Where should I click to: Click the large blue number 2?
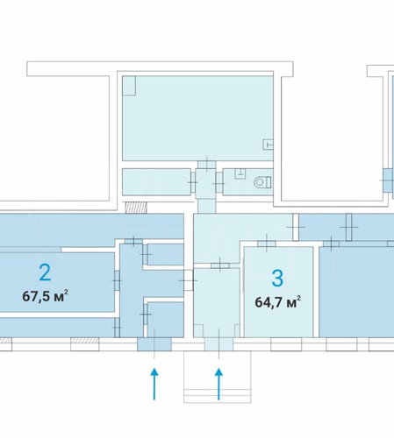tap(45, 272)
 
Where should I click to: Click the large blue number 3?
tap(277, 279)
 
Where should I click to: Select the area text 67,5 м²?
tap(46, 296)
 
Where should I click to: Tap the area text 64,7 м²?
tap(277, 302)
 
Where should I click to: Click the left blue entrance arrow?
tap(154, 384)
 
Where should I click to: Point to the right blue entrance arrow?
tap(218, 384)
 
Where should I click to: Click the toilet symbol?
tap(262, 182)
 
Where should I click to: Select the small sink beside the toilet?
tap(240, 173)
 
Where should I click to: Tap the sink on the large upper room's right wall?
tap(268, 145)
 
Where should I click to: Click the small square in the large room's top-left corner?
tap(129, 86)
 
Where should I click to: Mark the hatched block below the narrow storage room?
tap(136, 208)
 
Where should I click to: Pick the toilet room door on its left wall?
tap(218, 182)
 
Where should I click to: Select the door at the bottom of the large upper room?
tap(207, 165)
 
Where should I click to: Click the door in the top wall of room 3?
tap(267, 244)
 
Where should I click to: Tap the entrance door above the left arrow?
tap(154, 344)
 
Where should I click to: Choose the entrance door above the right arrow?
tap(218, 344)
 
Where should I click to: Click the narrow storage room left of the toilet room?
tap(156, 182)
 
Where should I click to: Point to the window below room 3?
tap(286, 344)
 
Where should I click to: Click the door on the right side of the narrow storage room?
tap(193, 182)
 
